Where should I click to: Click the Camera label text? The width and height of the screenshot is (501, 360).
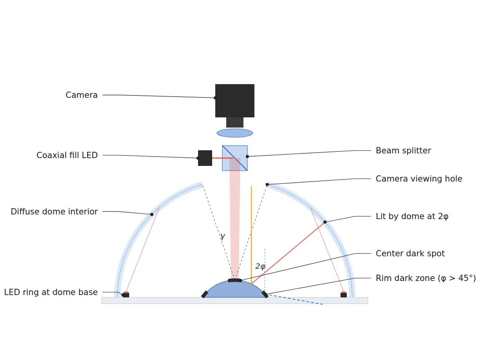82,95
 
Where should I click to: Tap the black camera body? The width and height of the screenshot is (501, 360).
234,101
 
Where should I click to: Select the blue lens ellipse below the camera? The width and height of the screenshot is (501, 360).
234,133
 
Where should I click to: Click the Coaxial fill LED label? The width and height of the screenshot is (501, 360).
67,155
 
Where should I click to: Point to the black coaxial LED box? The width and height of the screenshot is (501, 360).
205,158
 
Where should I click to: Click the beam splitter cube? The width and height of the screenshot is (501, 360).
234,158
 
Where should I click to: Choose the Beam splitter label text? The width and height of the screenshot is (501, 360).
403,151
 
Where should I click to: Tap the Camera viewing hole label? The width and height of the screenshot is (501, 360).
419,179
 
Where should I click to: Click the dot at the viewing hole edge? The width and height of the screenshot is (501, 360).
267,184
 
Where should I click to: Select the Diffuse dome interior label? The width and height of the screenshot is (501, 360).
54,212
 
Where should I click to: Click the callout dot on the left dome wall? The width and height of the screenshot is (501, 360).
151,214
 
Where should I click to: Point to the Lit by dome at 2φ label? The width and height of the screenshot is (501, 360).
412,216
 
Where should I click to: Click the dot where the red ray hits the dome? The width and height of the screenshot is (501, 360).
325,222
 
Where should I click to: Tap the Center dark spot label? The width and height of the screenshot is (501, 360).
410,253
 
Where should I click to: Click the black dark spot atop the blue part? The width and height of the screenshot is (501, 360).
234,281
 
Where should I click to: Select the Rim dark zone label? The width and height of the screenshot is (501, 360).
425,278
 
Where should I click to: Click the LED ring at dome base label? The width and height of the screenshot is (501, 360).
51,292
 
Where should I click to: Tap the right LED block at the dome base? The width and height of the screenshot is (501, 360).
344,295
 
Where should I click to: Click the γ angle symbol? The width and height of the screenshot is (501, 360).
223,236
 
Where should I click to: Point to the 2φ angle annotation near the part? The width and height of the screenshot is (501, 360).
260,266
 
